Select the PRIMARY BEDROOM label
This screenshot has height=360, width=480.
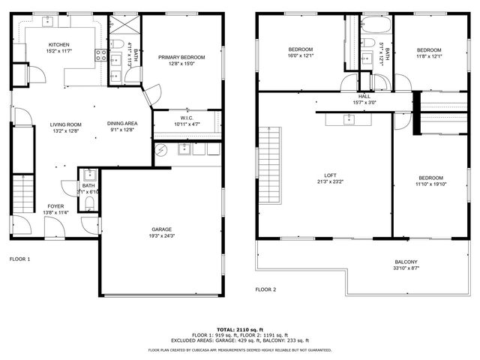(x=181, y=57)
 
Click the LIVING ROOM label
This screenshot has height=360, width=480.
(x=65, y=124)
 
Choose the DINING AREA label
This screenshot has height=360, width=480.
(x=121, y=124)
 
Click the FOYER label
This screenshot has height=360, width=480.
(x=55, y=205)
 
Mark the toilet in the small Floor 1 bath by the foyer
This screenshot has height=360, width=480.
(x=88, y=202)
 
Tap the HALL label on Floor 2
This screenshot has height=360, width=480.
(x=364, y=96)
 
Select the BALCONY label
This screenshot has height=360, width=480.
(x=406, y=262)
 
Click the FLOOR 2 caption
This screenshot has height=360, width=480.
(x=265, y=289)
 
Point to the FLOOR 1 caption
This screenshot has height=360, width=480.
(x=19, y=259)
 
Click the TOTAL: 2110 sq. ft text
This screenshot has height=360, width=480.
(x=239, y=329)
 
